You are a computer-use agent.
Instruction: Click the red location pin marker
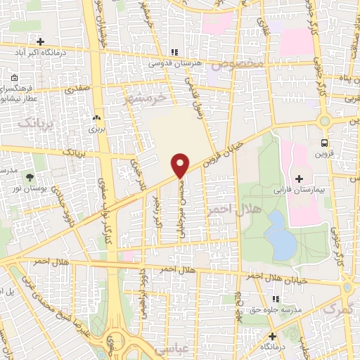(x=181, y=165)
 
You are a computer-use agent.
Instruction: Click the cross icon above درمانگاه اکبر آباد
(x=41, y=41)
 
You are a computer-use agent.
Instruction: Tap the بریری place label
(x=96, y=129)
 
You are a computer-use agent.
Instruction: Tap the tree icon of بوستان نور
(x=30, y=176)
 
